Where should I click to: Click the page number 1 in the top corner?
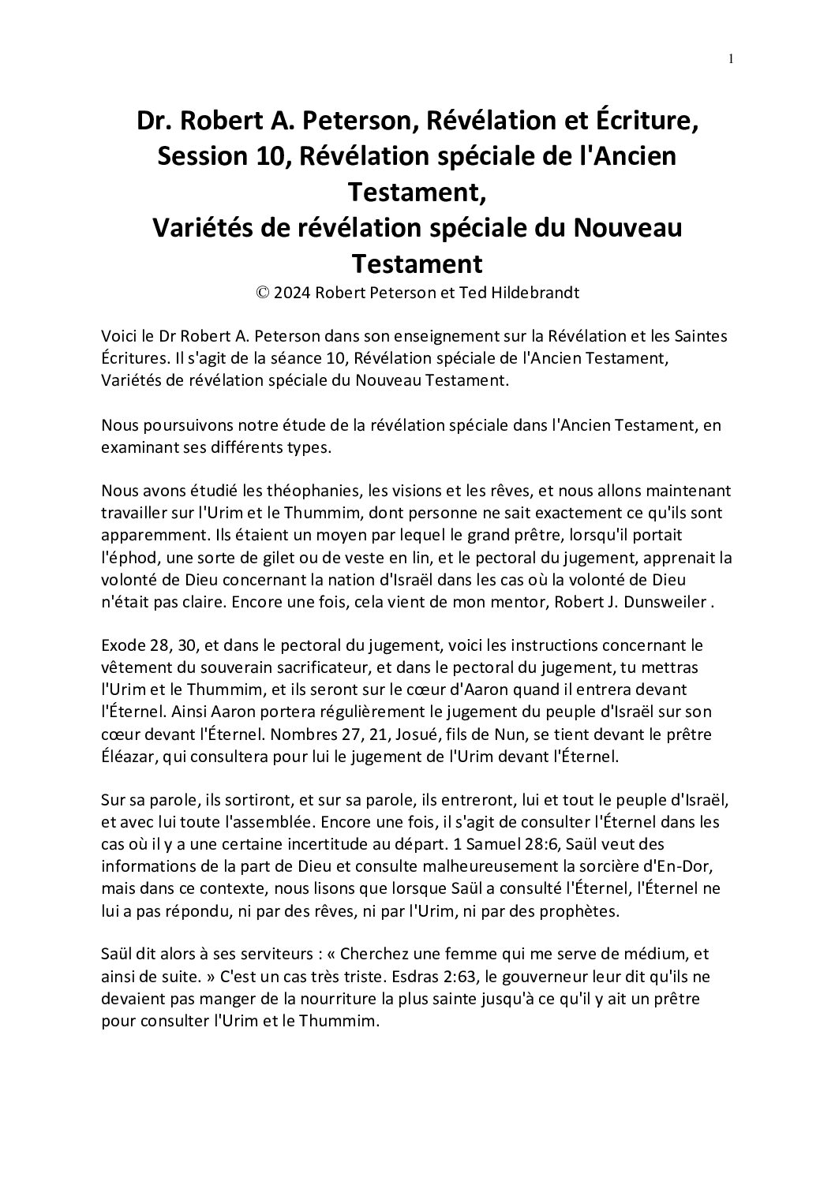[732, 58]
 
